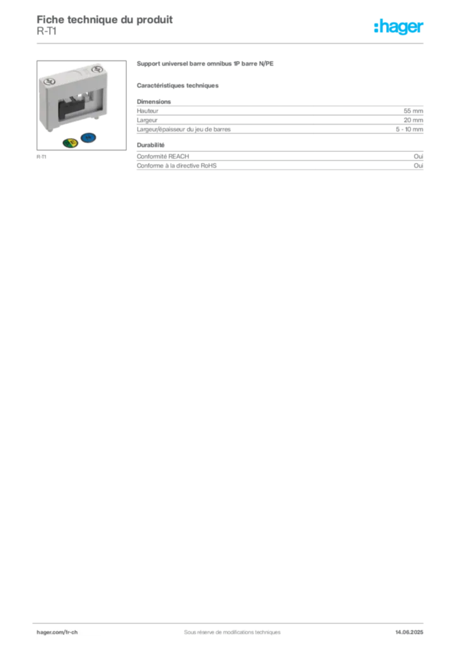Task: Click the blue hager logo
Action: [x=400, y=27]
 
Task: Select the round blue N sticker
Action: [x=89, y=138]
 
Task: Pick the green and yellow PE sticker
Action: [x=71, y=142]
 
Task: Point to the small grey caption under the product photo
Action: [x=42, y=157]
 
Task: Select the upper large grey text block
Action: [x=280, y=117]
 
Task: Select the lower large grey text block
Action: [x=280, y=157]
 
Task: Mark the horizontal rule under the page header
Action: [x=231, y=43]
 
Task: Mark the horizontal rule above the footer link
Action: [x=231, y=621]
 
